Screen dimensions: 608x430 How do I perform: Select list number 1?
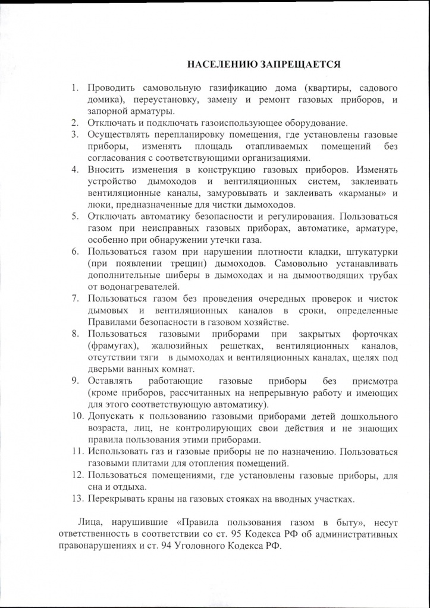76,88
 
